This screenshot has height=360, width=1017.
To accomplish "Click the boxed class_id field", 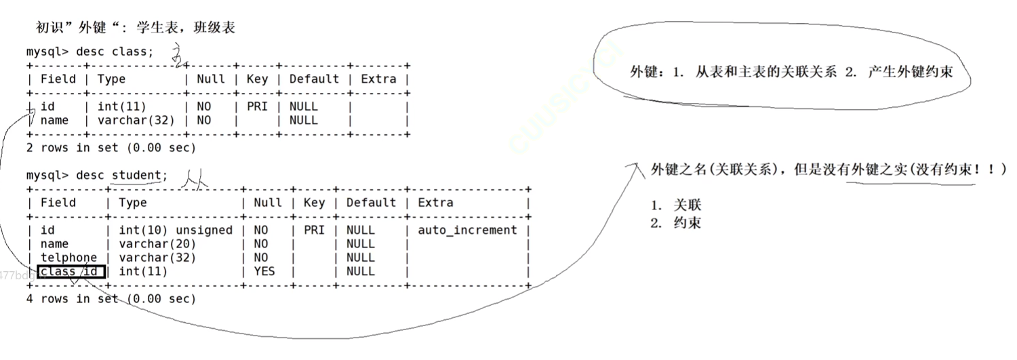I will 71,272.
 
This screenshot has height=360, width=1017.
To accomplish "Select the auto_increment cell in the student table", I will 467,231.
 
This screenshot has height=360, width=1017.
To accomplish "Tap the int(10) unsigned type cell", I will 176,231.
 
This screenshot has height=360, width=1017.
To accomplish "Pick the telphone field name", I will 68,258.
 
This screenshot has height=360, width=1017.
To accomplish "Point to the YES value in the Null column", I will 264,271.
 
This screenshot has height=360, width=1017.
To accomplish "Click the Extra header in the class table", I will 378,79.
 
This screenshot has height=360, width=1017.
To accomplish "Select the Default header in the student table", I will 371,203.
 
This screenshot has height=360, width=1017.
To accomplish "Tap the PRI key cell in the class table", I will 257,106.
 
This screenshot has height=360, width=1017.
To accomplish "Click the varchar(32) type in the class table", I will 136,120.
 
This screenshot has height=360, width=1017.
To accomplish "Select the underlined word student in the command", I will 136,176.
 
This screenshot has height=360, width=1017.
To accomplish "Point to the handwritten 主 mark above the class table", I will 178,56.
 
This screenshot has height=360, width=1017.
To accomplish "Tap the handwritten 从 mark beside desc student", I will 193,178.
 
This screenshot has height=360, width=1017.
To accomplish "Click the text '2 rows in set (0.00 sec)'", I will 111,148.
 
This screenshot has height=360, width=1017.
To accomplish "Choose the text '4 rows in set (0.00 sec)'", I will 111,298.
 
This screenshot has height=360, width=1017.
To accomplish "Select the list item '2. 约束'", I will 675,222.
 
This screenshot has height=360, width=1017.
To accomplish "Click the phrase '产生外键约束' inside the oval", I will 910,73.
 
